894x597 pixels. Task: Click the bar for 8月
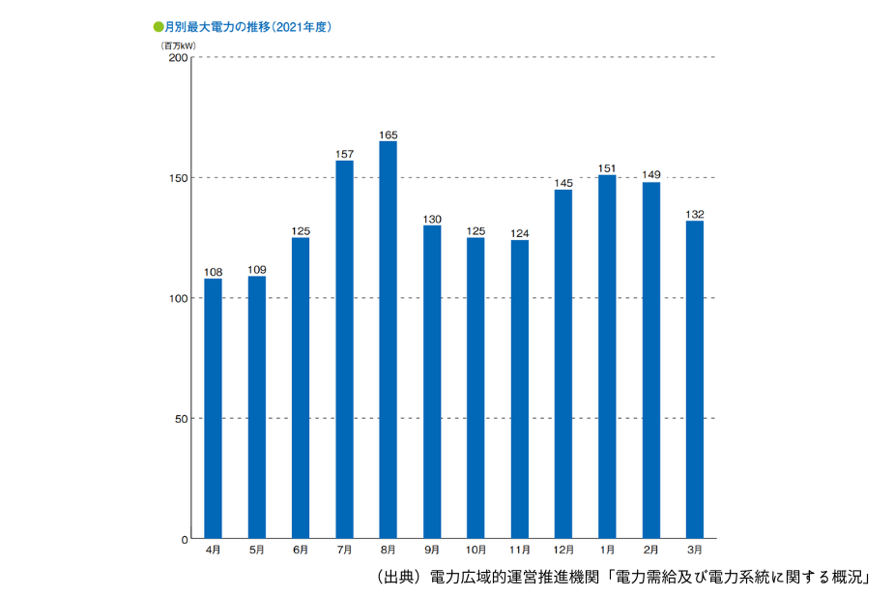388,339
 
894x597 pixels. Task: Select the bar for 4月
213,407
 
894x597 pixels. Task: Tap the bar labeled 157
344,348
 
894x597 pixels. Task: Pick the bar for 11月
520,388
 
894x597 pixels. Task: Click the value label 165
388,134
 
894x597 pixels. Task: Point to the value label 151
607,168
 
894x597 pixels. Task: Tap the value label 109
256,269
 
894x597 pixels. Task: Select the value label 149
650,175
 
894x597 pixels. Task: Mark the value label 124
520,233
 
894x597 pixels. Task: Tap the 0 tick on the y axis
183,538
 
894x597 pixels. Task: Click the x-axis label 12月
563,551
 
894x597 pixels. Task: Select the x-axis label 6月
301,551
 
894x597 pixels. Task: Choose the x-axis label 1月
607,551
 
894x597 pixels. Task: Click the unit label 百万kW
179,45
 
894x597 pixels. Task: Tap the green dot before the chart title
159,27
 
